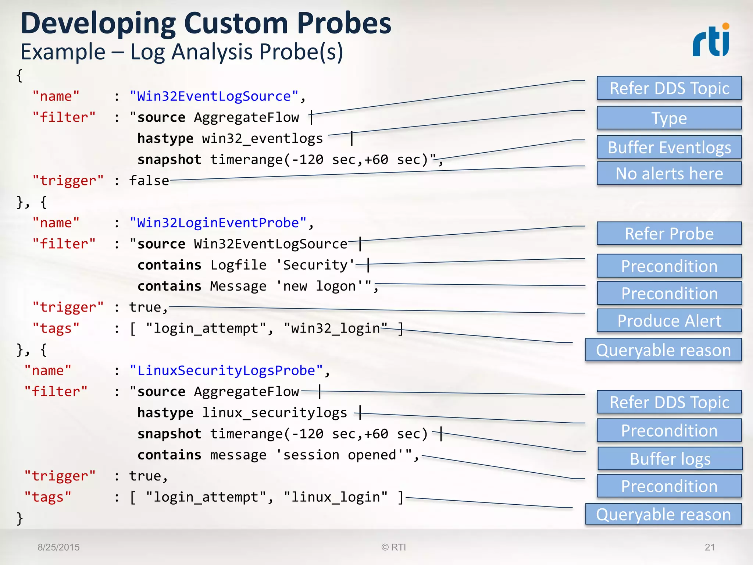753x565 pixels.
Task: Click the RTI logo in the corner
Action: click(711, 40)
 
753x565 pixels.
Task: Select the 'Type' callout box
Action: click(669, 118)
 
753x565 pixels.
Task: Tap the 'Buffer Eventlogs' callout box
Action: click(669, 147)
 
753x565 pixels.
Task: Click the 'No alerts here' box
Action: click(669, 173)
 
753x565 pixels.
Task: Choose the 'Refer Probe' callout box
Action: click(669, 234)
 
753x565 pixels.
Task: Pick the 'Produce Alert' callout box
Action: click(669, 320)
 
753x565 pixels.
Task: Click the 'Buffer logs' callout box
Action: click(670, 459)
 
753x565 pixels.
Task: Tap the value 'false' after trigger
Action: click(149, 181)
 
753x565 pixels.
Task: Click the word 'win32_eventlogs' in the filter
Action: click(262, 139)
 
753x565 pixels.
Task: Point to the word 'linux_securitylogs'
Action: click(274, 413)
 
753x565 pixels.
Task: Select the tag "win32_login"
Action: click(335, 328)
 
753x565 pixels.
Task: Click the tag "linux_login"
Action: click(335, 497)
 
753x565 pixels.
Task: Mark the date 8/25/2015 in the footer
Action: click(58, 547)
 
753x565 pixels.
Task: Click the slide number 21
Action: click(710, 547)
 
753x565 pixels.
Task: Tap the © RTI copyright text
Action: click(393, 547)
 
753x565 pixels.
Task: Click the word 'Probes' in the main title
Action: click(344, 24)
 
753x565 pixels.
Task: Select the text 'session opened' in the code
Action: click(339, 455)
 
